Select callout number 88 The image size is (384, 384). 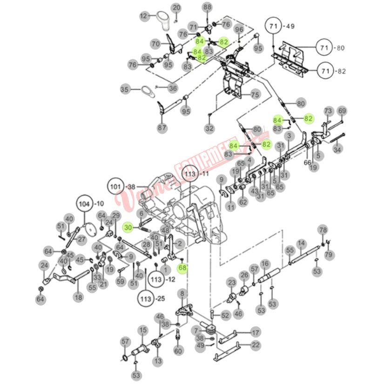pyautogui.click(x=207, y=7)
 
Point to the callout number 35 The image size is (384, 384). pyautogui.click(x=125, y=89)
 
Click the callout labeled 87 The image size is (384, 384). pyautogui.click(x=162, y=128)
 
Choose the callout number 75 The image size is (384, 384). pyautogui.click(x=255, y=94)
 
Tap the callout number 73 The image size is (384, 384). pyautogui.click(x=329, y=111)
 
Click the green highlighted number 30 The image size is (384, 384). pyautogui.click(x=129, y=227)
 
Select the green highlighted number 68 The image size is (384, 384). pyautogui.click(x=182, y=268)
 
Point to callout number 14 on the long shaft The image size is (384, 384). pyautogui.click(x=302, y=243)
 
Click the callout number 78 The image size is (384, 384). pyautogui.click(x=323, y=230)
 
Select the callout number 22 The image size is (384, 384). pyautogui.click(x=256, y=345)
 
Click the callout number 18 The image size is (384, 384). pyautogui.click(x=78, y=297)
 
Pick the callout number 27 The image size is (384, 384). pyautogui.click(x=81, y=239)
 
